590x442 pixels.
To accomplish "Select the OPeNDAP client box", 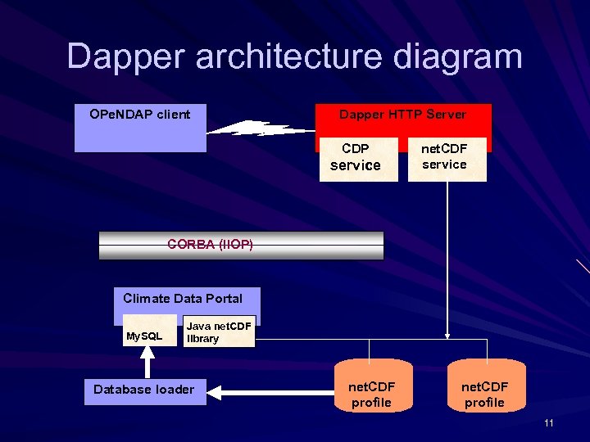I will point(140,128).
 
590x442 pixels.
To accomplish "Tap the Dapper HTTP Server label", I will point(402,115).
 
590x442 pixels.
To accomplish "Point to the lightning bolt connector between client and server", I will point(261,129).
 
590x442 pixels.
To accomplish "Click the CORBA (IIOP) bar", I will point(241,245).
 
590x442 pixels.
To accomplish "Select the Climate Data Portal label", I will point(183,298).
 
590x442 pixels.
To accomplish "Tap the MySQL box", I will point(144,335).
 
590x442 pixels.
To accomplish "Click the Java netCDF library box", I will point(219,332).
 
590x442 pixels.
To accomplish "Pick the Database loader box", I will point(144,389).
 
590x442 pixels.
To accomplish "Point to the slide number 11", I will point(548,423).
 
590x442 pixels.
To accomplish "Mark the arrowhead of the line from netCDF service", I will point(447,334).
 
